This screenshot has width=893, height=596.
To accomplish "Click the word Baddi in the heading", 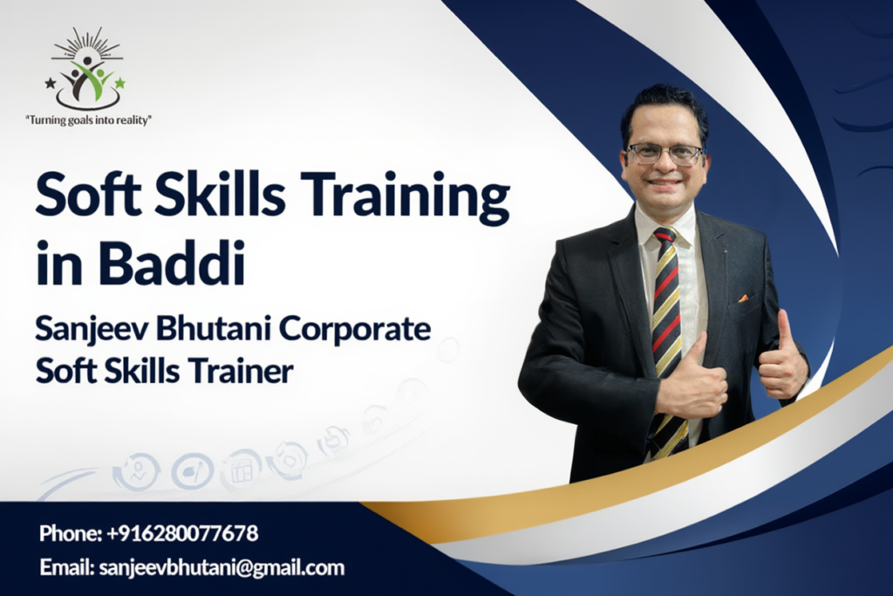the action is tap(173, 264).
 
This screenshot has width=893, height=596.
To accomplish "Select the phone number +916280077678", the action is tap(182, 533).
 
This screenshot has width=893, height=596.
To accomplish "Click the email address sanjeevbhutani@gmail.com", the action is tap(222, 567).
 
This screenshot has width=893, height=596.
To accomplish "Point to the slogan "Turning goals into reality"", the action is tap(89, 120).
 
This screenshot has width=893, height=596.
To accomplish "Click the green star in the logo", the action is tap(119, 83).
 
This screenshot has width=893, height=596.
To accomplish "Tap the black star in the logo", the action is tap(51, 84).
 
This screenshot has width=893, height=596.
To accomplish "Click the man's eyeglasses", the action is tap(664, 154).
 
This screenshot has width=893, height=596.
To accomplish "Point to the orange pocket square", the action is tap(743, 298).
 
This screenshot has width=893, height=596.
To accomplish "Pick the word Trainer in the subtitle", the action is tap(241, 372).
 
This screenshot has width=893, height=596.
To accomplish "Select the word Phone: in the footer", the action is tap(71, 533).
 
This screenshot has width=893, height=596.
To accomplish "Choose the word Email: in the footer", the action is tap(66, 567).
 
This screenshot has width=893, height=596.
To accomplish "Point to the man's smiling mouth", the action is tap(664, 183).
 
